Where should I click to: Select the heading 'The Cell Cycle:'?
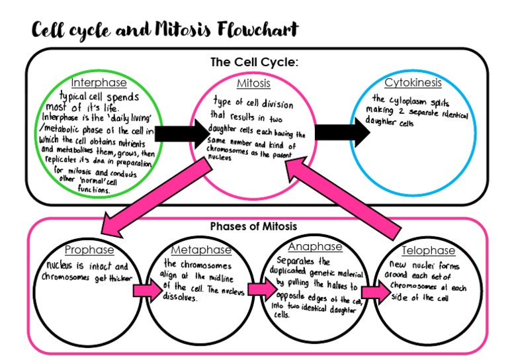255,62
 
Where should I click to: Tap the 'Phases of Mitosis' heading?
253,226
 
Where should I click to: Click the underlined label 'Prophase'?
89,250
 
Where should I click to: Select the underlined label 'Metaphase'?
201,250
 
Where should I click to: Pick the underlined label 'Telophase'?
429,251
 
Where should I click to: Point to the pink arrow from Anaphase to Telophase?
372,292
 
